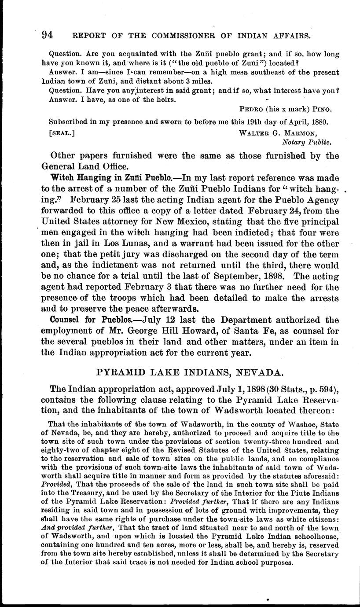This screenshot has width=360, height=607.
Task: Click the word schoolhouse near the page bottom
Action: click(x=310, y=536)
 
